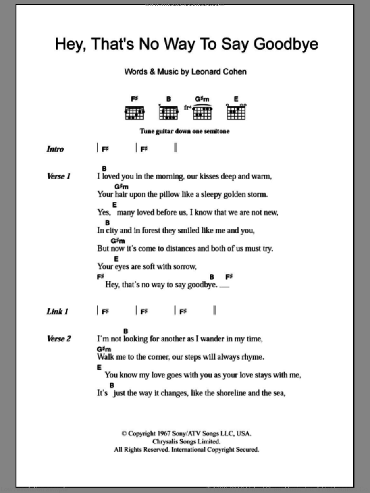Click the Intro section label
pos(55,150)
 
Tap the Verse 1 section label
pos(59,176)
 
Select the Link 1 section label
pos(57,312)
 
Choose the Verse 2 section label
pos(59,339)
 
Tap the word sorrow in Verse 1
pos(182,266)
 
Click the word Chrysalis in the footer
pos(164,442)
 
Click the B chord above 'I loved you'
pos(105,169)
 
